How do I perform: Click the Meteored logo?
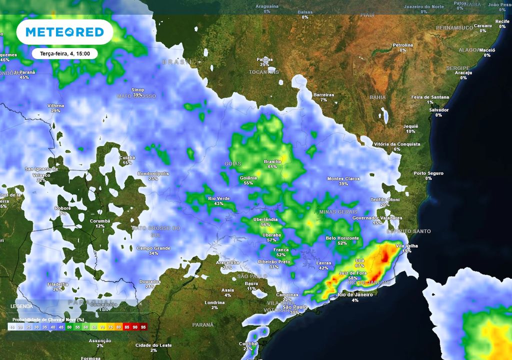tap(64, 32)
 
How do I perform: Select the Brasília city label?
tap(272, 161)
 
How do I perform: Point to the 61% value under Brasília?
tap(272, 166)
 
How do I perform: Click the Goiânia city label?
tap(248, 177)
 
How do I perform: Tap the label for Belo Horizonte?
tap(342, 238)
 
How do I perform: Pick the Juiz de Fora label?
tap(353, 272)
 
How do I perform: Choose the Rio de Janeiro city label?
tap(355, 295)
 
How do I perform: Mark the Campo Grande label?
tap(153, 248)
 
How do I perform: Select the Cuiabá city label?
tap(127, 157)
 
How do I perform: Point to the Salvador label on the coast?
tap(439, 109)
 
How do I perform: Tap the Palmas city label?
tap(264, 59)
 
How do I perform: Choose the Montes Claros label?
tap(343, 178)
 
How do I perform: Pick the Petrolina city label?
tap(403, 45)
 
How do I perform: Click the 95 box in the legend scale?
tap(143, 326)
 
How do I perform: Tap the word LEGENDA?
tap(22, 306)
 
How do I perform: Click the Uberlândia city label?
tap(265, 219)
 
